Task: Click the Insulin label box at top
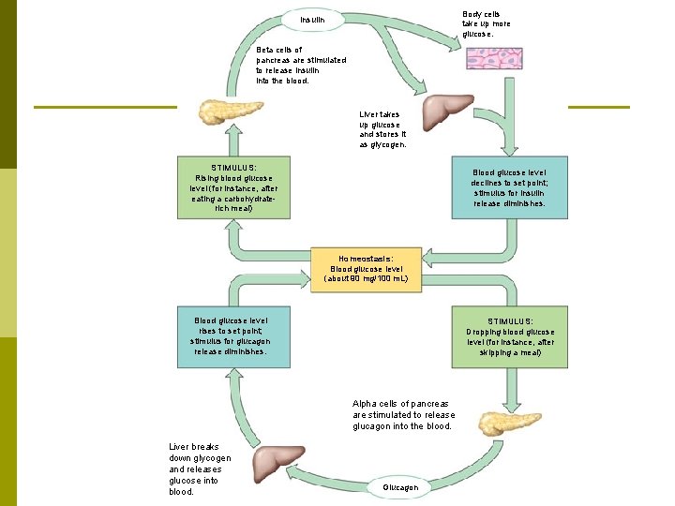[x=313, y=20]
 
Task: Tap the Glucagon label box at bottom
[x=406, y=487]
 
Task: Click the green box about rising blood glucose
[x=233, y=187]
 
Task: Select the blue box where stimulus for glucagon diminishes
[x=233, y=335]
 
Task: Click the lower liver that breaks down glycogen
[x=279, y=462]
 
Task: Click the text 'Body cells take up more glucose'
[x=487, y=24]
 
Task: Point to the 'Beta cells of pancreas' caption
[x=300, y=65]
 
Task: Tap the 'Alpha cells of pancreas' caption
[x=403, y=414]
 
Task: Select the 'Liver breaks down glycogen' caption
[x=199, y=469]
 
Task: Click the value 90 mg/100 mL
[x=373, y=278]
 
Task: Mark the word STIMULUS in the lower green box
[x=510, y=321]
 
